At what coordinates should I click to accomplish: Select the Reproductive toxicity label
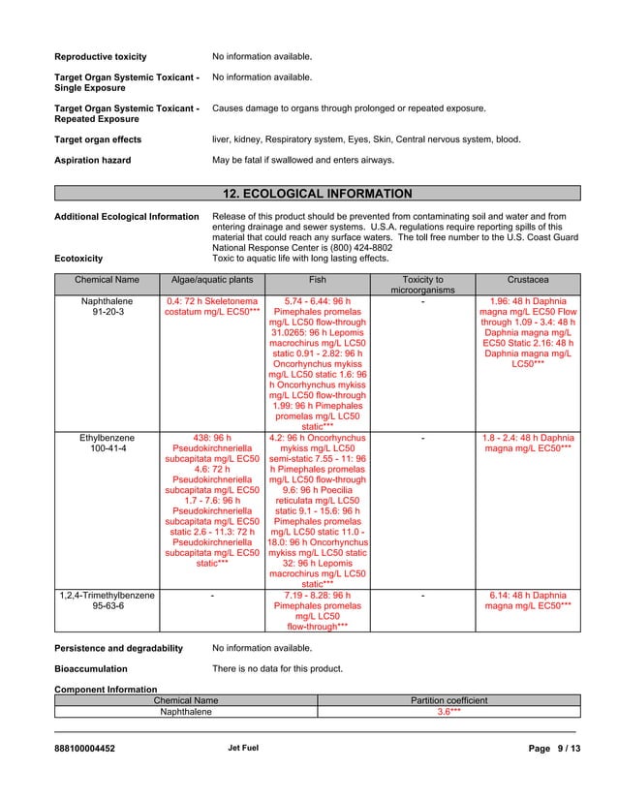pyautogui.click(x=100, y=57)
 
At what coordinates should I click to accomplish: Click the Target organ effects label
pyautogui.click(x=98, y=139)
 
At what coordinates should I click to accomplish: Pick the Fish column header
pyautogui.click(x=318, y=280)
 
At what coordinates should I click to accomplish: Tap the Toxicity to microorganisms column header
pyautogui.click(x=422, y=285)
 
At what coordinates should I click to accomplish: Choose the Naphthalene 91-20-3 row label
pyautogui.click(x=108, y=307)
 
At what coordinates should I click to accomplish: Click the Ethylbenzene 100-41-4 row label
pyautogui.click(x=108, y=444)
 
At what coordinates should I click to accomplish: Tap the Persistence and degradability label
pyautogui.click(x=118, y=648)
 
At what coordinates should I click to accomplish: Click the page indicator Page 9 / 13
pyautogui.click(x=554, y=749)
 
